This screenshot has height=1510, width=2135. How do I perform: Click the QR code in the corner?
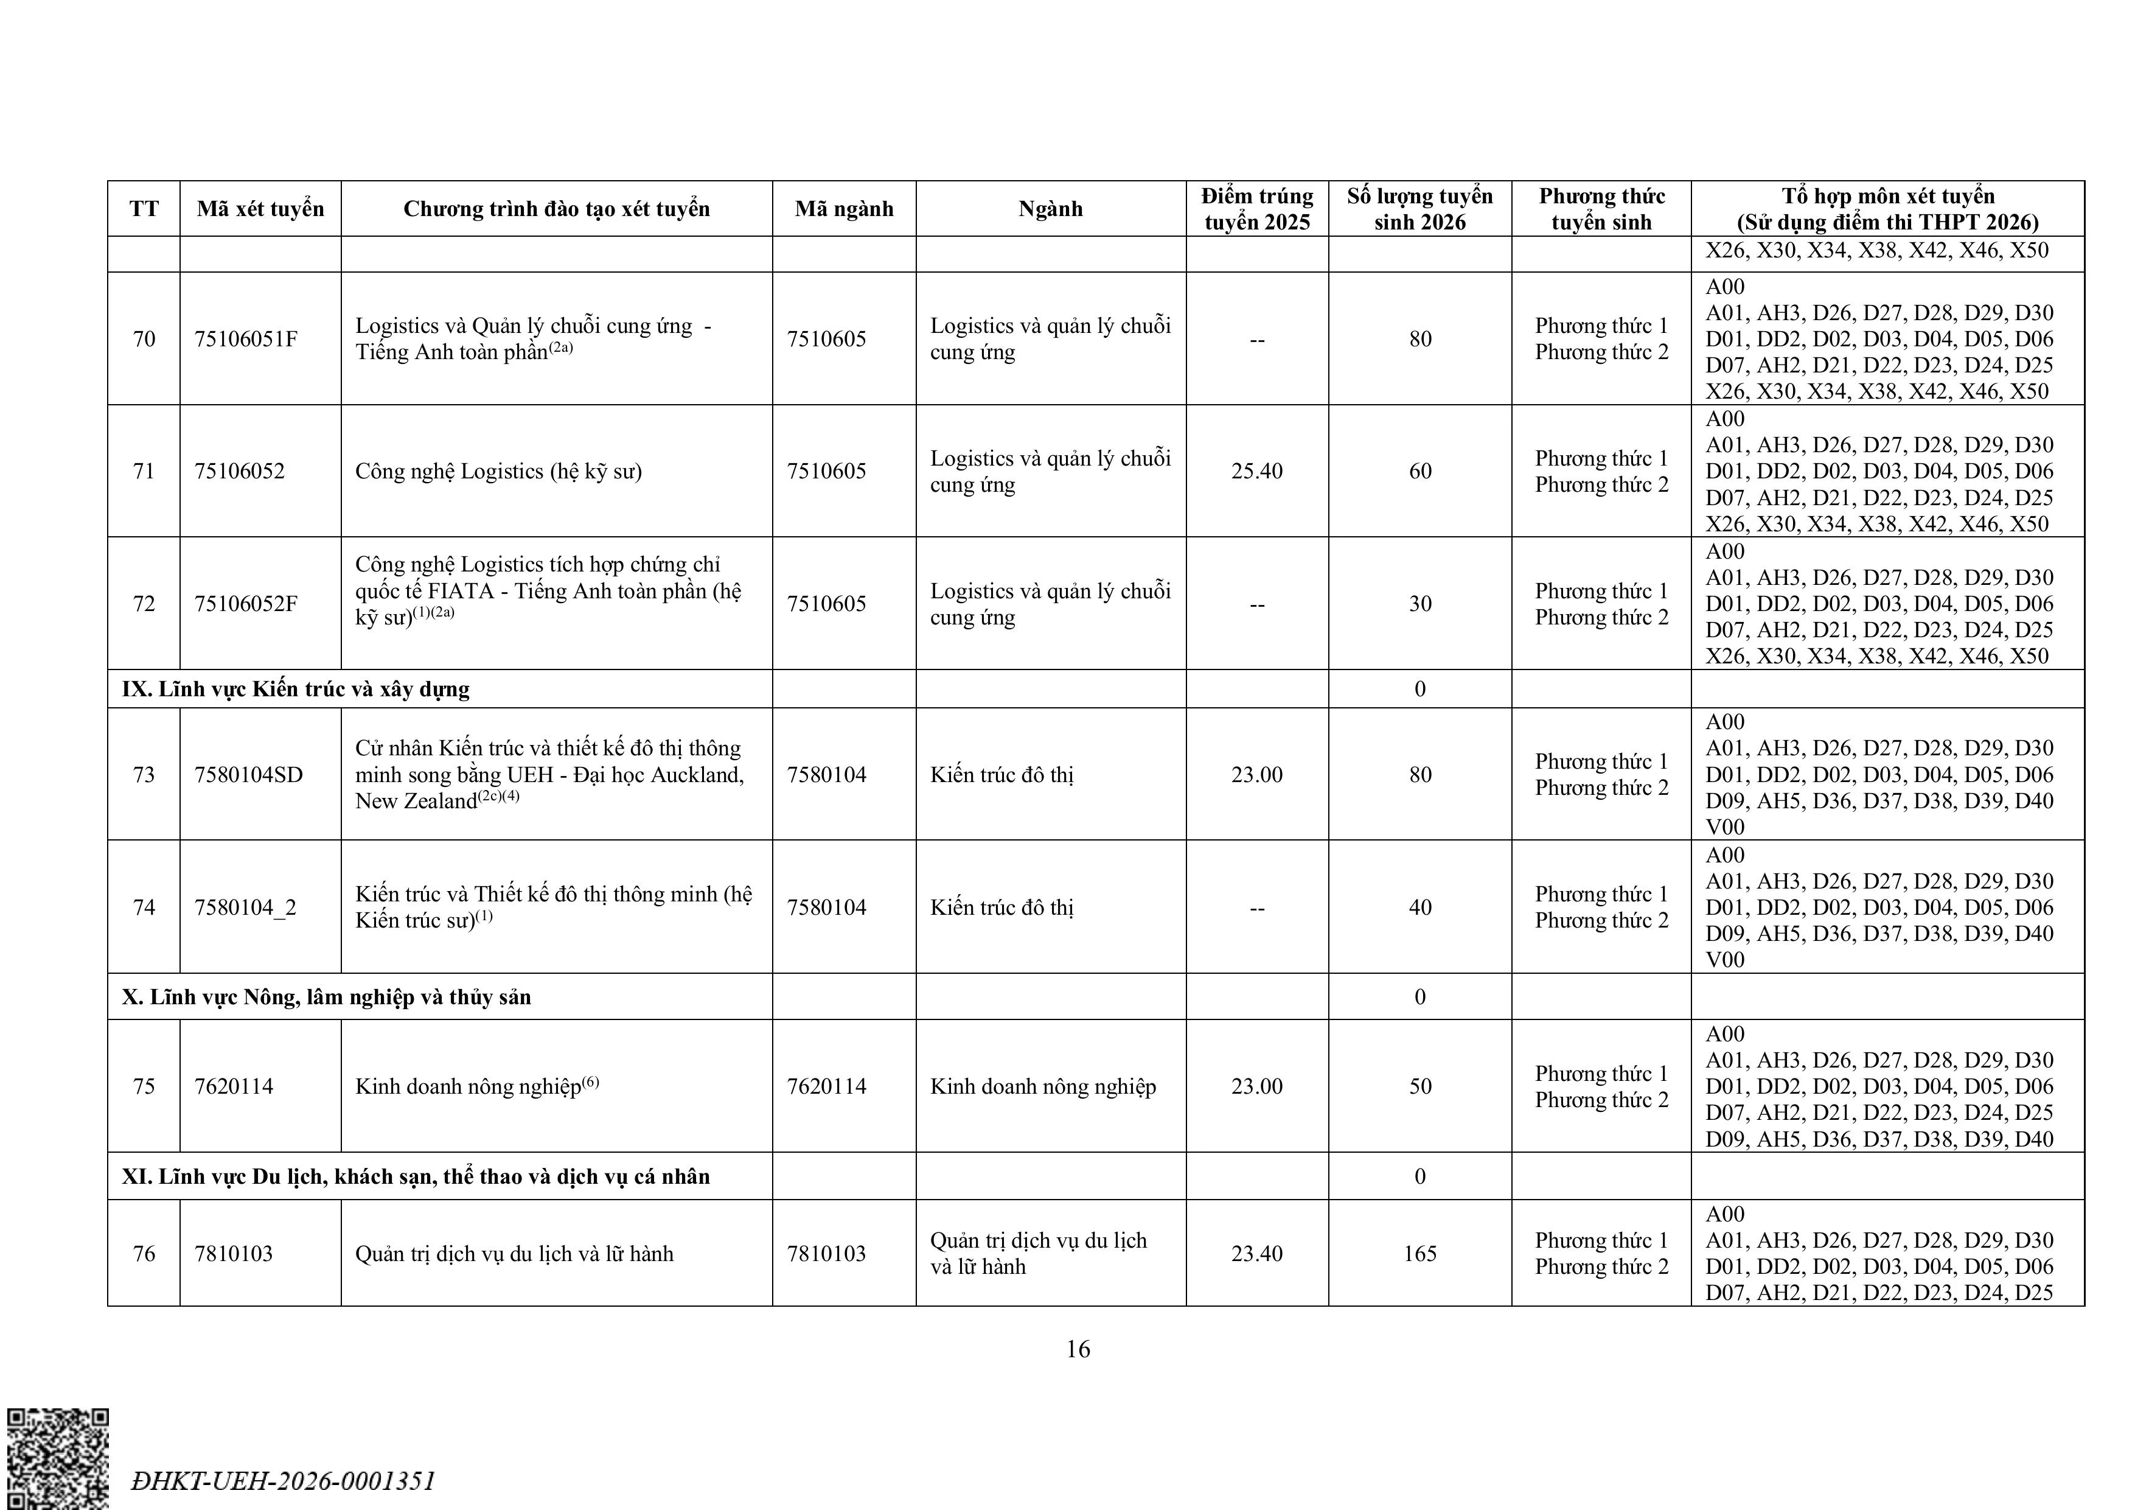tap(58, 1457)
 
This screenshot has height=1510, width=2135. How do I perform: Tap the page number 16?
tap(1078, 1349)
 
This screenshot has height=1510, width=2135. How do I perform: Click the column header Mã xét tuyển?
tap(260, 208)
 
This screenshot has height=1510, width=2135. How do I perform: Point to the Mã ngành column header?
tap(843, 208)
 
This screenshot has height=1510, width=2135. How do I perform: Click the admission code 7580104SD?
tap(248, 774)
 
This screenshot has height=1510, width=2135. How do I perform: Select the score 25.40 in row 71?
tap(1256, 470)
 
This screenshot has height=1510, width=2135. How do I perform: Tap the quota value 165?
tap(1419, 1253)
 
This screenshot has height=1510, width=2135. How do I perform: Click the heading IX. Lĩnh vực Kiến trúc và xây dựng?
tap(296, 688)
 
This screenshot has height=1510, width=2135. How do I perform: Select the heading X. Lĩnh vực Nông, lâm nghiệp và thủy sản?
tap(326, 996)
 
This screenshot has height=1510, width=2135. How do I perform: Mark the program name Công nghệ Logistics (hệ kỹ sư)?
tap(498, 470)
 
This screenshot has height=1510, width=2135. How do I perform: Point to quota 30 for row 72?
tap(1419, 604)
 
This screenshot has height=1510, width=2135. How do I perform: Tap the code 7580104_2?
tap(245, 907)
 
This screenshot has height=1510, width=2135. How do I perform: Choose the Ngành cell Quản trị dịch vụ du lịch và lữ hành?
tap(1038, 1253)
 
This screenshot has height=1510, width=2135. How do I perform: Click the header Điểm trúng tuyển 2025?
tap(1256, 208)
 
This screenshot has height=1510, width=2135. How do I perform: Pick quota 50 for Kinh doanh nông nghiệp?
tap(1419, 1086)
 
